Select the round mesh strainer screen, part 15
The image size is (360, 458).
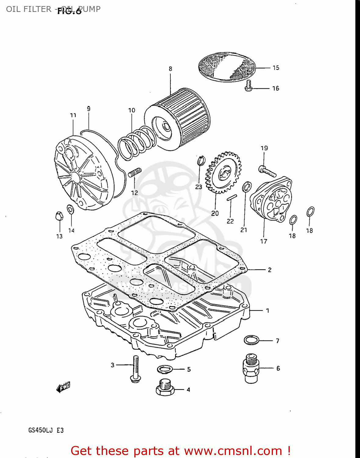click(227, 67)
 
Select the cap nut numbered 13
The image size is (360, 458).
click(59, 216)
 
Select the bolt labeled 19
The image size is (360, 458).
click(267, 171)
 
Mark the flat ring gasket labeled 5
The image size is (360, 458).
click(165, 369)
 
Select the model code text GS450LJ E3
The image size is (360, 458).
click(46, 431)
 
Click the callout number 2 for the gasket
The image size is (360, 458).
click(270, 270)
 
